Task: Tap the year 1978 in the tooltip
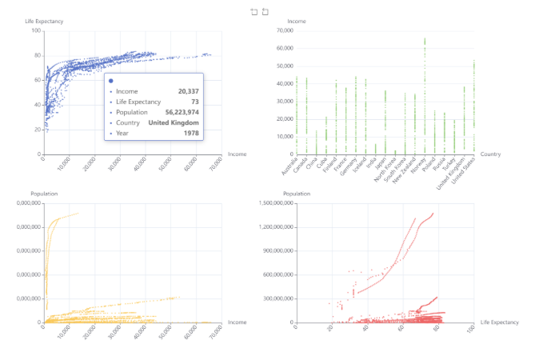[x=190, y=133]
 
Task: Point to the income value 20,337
[x=188, y=91]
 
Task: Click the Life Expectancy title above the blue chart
[x=44, y=21]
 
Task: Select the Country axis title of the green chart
[x=490, y=154]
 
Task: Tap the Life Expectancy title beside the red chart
[x=499, y=322]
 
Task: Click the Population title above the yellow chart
[x=45, y=194]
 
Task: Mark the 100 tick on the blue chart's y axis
[x=36, y=30]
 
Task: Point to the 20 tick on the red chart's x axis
[x=329, y=329]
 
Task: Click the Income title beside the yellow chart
[x=237, y=322]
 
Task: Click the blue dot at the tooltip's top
[x=110, y=81]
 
